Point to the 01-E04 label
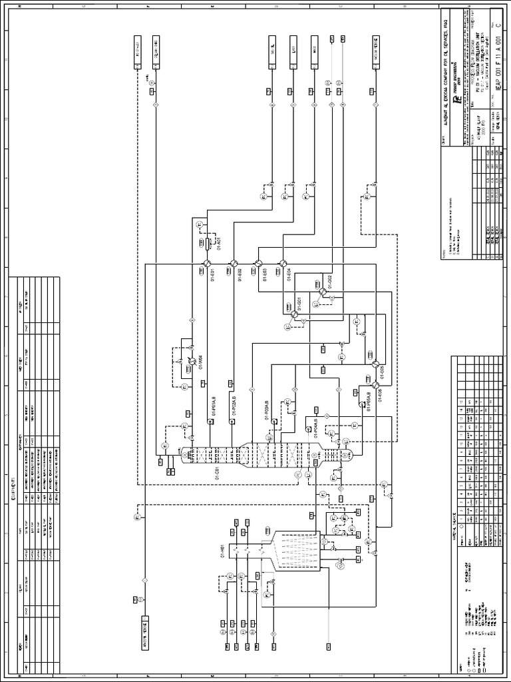pyautogui.click(x=289, y=275)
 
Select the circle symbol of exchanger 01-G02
pyautogui.click(x=322, y=292)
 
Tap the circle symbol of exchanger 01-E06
pyautogui.click(x=375, y=385)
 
